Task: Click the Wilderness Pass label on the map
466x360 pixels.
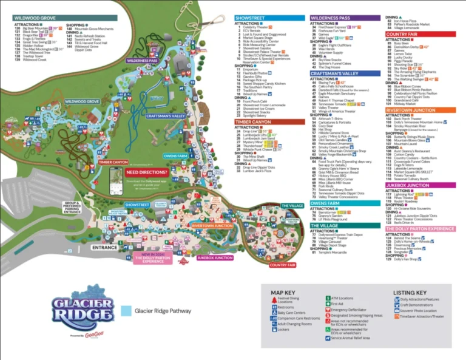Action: pyautogui.click(x=143, y=61)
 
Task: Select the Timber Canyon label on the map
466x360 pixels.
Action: pyautogui.click(x=113, y=162)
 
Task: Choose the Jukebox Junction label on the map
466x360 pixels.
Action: pyautogui.click(x=215, y=257)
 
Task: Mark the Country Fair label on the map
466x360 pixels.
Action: pyautogui.click(x=282, y=265)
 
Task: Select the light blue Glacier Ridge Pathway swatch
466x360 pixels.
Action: pyautogui.click(x=126, y=311)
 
